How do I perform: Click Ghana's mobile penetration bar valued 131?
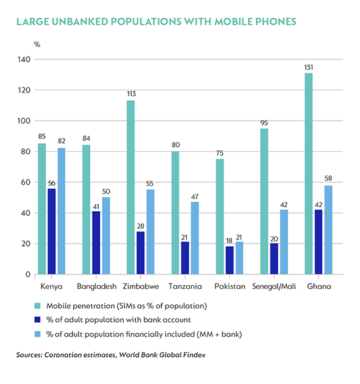pyautogui.click(x=309, y=174)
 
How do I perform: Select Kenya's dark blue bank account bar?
pyautogui.click(x=51, y=231)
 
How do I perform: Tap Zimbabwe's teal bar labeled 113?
pyautogui.click(x=131, y=187)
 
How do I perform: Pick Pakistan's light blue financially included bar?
pyautogui.click(x=239, y=258)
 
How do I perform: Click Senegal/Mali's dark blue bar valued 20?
pyautogui.click(x=274, y=259)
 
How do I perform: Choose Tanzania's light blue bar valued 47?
pyautogui.click(x=195, y=238)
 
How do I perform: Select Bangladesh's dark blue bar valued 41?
pyautogui.click(x=96, y=243)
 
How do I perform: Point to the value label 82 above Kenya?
pyautogui.click(x=62, y=141)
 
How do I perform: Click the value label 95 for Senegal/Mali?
pyautogui.click(x=264, y=123)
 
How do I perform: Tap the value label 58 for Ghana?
pyautogui.click(x=328, y=178)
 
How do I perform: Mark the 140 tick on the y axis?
pyautogui.click(x=24, y=59)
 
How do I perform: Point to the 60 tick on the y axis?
pyautogui.click(x=26, y=183)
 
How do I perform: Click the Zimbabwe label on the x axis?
pyautogui.click(x=140, y=286)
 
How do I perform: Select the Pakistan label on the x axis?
pyautogui.click(x=230, y=286)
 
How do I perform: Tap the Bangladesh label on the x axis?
pyautogui.click(x=97, y=286)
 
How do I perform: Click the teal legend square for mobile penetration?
pyautogui.click(x=38, y=306)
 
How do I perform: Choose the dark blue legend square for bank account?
pyautogui.click(x=38, y=320)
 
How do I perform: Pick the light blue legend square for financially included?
pyautogui.click(x=38, y=334)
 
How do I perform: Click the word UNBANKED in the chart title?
pyautogui.click(x=80, y=22)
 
